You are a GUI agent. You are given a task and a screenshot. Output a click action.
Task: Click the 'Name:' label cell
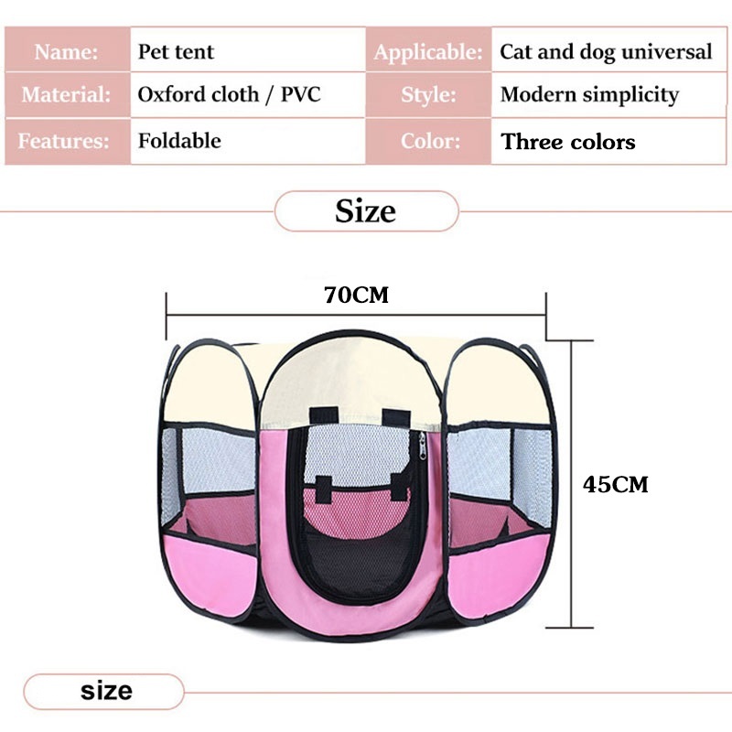click(67, 51)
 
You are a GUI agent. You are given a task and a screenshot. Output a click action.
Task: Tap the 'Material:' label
click(67, 95)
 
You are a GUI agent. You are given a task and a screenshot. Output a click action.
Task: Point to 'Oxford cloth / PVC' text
click(229, 95)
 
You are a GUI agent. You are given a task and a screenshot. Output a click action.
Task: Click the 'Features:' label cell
click(67, 141)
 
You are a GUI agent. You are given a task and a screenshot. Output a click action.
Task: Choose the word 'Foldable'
click(179, 141)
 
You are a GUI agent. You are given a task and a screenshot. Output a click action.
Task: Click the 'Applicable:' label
click(427, 52)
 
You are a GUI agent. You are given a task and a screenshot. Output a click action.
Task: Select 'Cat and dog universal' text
click(605, 51)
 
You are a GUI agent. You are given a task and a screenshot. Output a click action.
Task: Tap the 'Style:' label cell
click(427, 95)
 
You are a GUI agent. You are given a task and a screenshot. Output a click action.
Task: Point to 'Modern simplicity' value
click(589, 95)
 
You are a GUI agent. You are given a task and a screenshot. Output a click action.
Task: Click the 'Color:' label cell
click(427, 141)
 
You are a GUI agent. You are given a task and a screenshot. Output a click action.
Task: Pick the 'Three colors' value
click(568, 142)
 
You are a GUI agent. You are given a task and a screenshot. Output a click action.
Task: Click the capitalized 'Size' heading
click(365, 211)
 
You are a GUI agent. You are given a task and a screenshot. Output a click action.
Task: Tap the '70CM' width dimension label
click(356, 296)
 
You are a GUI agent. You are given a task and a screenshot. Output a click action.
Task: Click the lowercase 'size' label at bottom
click(105, 691)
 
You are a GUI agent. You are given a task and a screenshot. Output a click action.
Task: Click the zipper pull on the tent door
click(422, 447)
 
